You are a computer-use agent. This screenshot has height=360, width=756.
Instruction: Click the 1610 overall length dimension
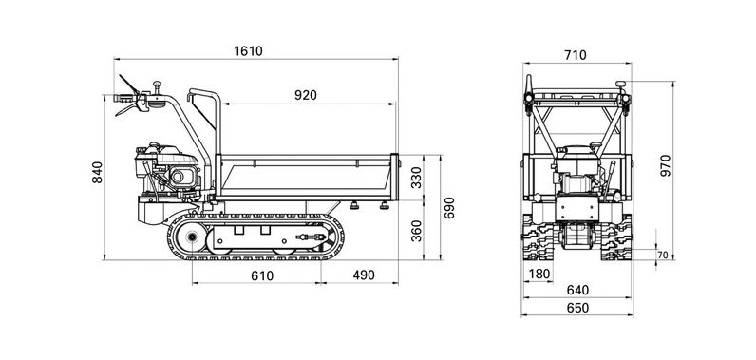[x=248, y=51]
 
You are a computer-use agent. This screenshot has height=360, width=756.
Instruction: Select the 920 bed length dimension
[x=306, y=95]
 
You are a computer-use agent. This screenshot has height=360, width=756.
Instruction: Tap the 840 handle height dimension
[x=98, y=172]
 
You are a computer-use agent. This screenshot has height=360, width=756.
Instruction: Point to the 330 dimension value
[x=417, y=177]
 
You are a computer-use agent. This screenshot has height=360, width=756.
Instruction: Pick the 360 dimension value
[x=417, y=231]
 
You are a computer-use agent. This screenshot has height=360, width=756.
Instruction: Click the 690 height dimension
[x=449, y=207]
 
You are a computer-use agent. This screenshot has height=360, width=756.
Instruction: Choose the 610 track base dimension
[x=262, y=275]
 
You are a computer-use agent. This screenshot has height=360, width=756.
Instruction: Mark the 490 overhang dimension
[x=364, y=275]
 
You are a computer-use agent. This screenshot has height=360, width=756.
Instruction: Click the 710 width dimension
[x=576, y=55]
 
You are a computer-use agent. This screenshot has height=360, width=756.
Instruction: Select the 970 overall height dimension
[x=666, y=165]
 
